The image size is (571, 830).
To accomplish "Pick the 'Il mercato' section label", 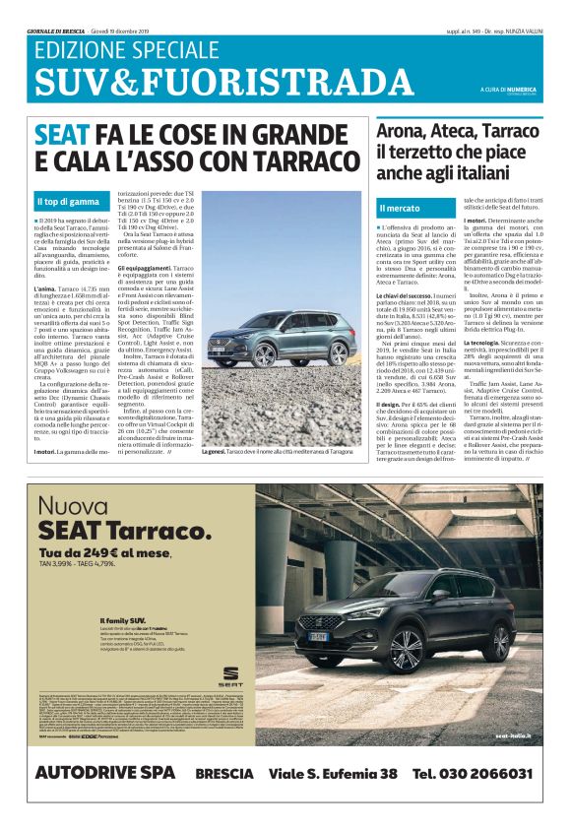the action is pos(400,209).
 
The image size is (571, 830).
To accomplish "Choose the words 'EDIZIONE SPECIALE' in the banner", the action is pos(121,50).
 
